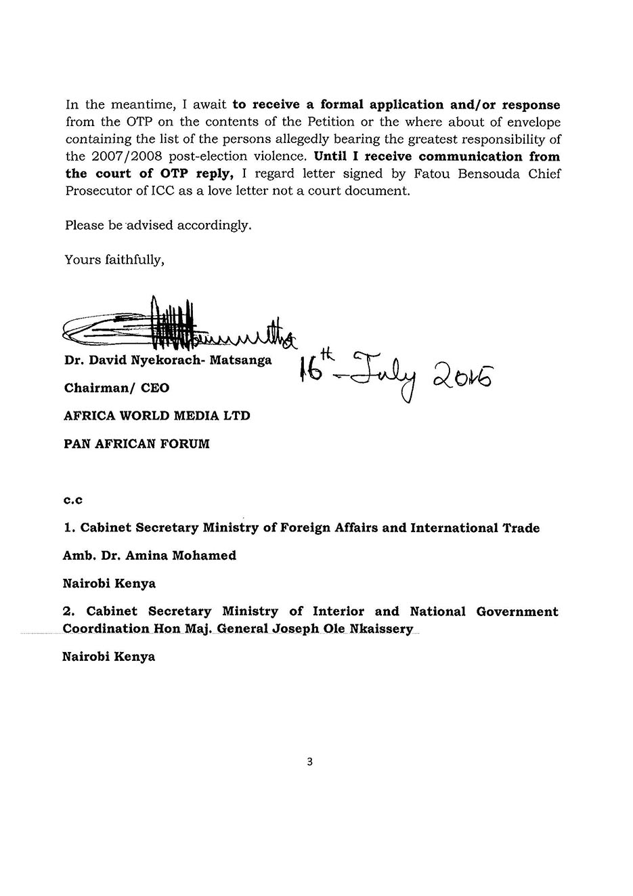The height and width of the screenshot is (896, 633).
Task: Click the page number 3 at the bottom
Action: [x=310, y=761]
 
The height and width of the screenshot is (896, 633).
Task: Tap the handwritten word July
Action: [x=383, y=378]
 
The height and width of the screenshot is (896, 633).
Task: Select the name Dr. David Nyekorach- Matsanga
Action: [x=168, y=360]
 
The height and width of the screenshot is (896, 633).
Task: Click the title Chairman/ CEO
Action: [x=116, y=388]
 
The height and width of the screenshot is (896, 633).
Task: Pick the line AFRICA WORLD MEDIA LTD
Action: [x=157, y=415]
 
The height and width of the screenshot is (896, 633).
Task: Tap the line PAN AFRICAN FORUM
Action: [x=137, y=444]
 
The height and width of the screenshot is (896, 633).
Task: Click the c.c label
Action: [x=73, y=500]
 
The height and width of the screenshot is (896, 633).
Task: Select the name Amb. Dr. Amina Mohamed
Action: [x=150, y=555]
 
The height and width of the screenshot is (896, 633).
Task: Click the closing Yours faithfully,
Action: [x=114, y=259]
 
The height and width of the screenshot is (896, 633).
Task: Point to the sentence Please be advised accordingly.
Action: [x=158, y=225]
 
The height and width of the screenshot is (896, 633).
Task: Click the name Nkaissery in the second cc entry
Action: [x=380, y=628]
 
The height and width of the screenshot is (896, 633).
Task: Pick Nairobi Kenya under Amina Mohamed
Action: [x=109, y=583]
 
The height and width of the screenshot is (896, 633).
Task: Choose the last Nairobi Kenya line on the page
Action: [x=109, y=656]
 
